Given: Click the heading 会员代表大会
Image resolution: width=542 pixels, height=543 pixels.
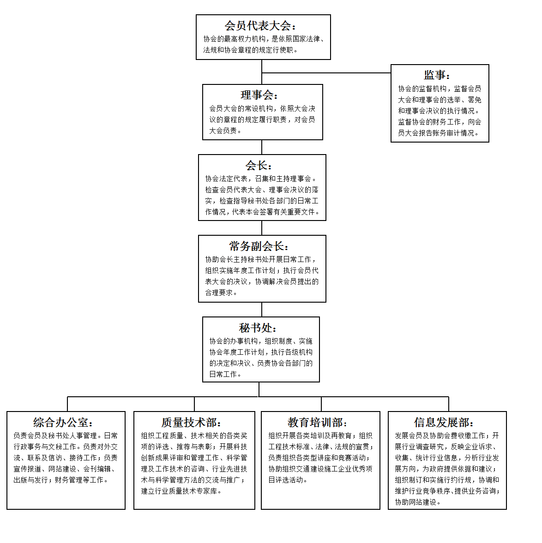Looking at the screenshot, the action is [x=258, y=26].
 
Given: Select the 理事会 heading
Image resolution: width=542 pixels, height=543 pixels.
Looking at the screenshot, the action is [x=257, y=95].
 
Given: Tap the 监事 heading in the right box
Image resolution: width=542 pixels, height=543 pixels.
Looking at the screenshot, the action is [x=434, y=75].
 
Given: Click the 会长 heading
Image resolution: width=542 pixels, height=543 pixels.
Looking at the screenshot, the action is [x=256, y=165].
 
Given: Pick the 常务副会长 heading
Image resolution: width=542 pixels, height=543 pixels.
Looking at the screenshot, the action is [x=256, y=246].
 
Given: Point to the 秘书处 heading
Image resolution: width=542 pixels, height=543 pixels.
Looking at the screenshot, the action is [x=255, y=328].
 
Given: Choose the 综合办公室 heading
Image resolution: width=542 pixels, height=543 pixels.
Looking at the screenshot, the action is [x=60, y=422].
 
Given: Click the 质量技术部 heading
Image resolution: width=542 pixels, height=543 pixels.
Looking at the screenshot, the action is [x=189, y=422].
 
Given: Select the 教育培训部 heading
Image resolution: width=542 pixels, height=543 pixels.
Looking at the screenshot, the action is [x=315, y=422].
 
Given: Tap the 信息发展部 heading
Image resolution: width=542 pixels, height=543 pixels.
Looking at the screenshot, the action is [x=441, y=422].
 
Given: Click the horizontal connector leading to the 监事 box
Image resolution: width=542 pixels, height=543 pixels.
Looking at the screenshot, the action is [x=326, y=73].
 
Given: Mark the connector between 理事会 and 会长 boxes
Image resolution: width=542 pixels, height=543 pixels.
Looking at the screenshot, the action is [x=262, y=147].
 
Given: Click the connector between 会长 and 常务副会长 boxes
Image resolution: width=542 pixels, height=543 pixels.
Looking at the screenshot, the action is [x=262, y=228].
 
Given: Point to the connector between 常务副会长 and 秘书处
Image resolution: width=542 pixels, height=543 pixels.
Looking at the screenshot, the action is [x=262, y=310].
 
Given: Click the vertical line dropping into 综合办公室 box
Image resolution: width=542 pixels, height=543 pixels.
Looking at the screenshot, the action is [x=67, y=404].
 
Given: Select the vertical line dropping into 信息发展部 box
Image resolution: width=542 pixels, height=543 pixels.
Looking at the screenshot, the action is [x=449, y=404].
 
